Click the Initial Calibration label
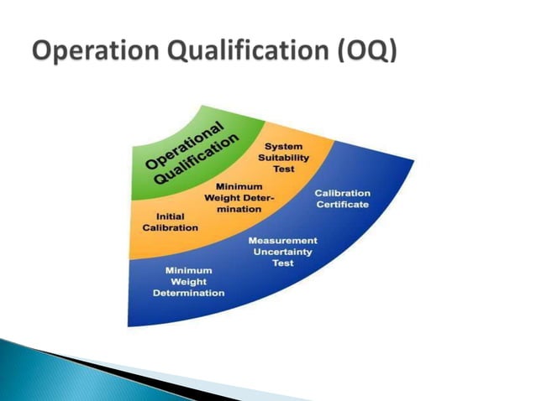pos(170,222)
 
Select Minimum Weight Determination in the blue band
pos(188,282)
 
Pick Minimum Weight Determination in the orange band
pos(239,197)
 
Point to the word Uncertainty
pos(282,252)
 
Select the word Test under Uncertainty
pos(282,263)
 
